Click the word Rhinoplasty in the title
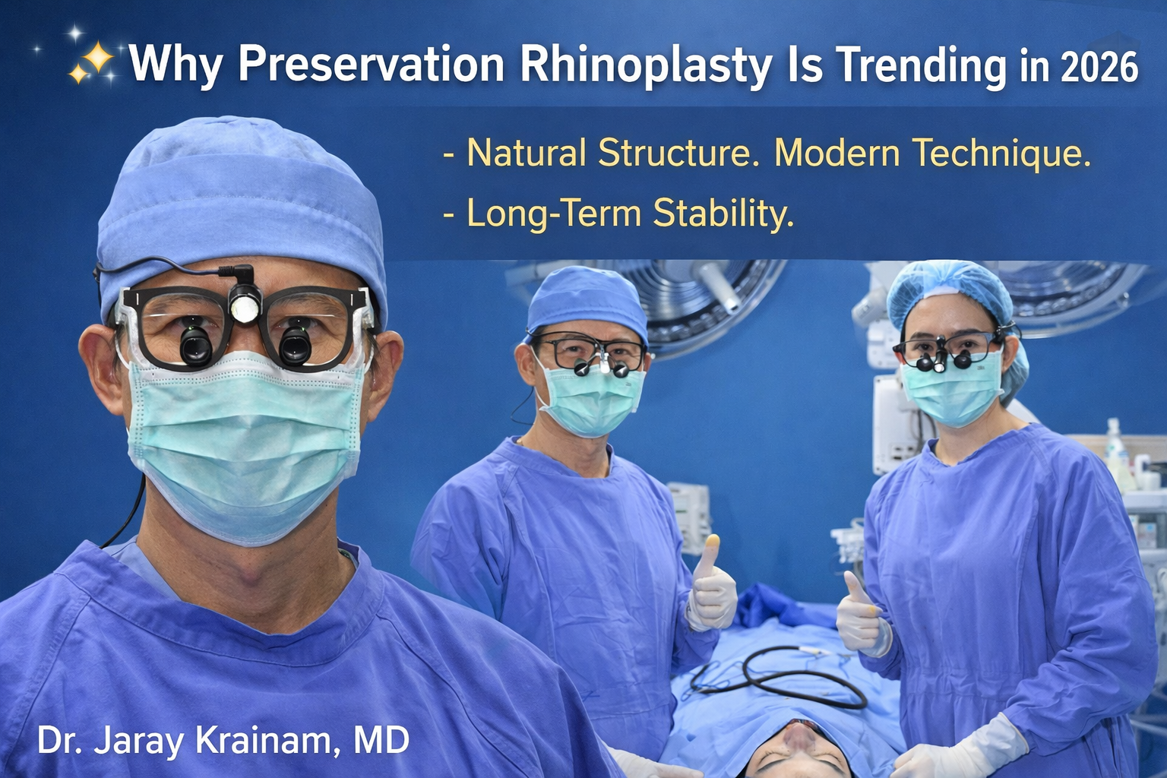pos(646,66)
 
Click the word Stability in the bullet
pos(723,213)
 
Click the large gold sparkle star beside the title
pos(97,59)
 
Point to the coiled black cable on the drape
pos(782,678)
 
